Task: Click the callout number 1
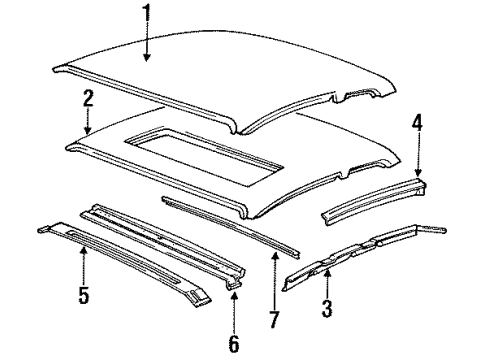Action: click(147, 16)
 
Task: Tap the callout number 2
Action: click(89, 98)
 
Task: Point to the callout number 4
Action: click(417, 123)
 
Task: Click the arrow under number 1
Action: click(147, 45)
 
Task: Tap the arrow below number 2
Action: click(89, 122)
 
